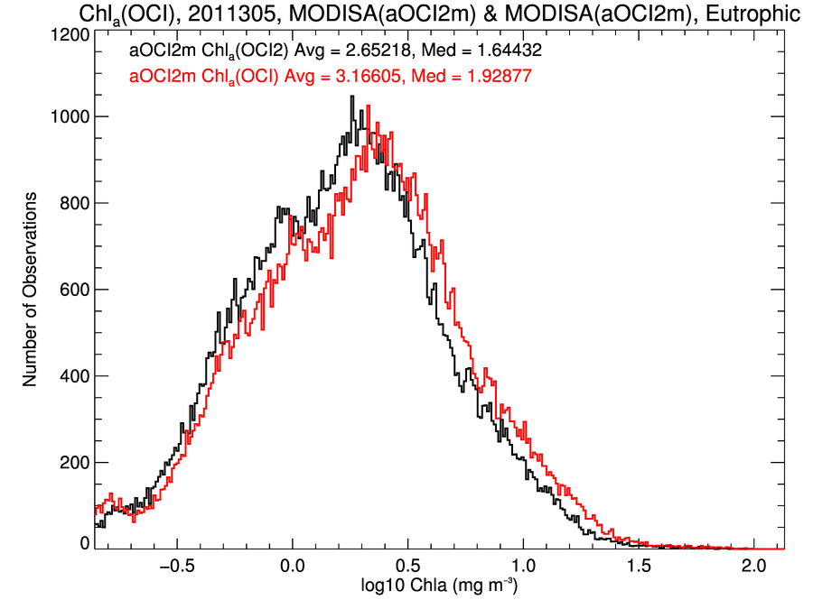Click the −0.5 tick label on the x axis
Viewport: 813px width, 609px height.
(x=177, y=566)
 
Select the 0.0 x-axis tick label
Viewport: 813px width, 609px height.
(x=293, y=566)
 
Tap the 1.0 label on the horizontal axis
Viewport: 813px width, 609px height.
(x=523, y=566)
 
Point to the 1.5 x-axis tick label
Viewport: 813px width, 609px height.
(x=639, y=566)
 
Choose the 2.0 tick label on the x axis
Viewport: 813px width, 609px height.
(x=753, y=566)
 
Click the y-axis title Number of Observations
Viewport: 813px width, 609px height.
(x=30, y=290)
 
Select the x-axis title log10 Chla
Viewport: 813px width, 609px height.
(x=406, y=586)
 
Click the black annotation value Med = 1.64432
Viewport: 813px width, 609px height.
(x=481, y=51)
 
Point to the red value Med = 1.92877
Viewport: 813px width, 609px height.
(x=472, y=77)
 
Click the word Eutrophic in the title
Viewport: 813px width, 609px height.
(x=752, y=14)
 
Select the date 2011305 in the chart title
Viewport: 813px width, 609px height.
(x=232, y=13)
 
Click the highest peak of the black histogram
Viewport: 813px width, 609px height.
(x=352, y=97)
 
